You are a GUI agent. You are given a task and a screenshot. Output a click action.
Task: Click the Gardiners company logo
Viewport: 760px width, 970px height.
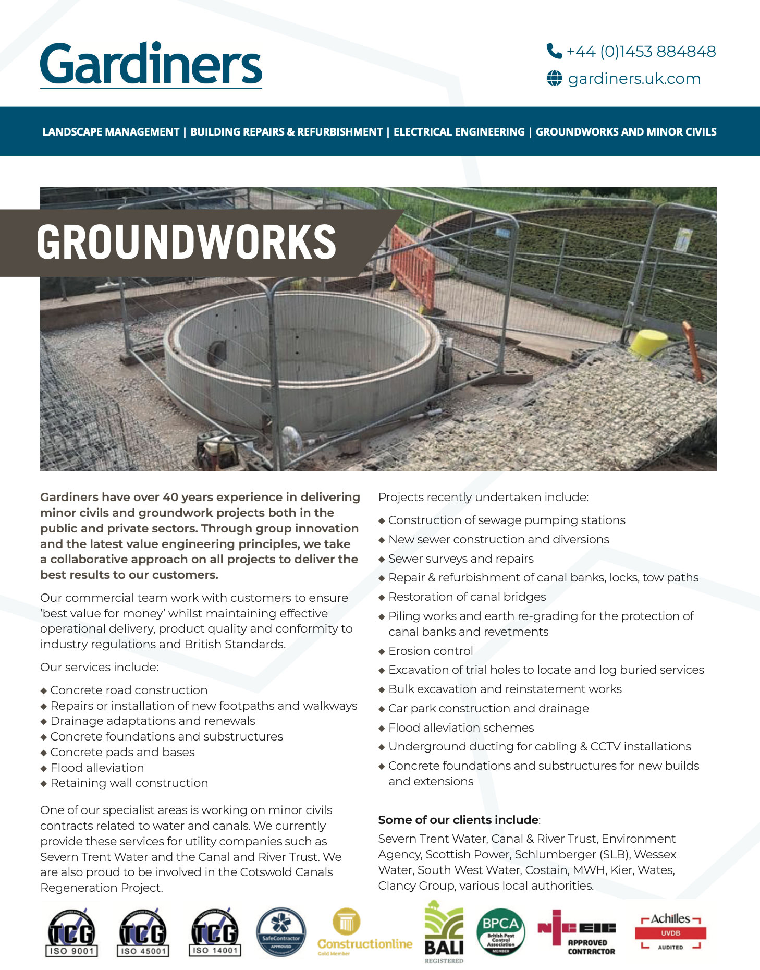[151, 65]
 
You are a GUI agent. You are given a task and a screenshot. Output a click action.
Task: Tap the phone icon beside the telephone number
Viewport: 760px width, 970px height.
[554, 51]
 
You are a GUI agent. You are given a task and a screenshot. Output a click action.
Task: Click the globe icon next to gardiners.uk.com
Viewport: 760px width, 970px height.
[554, 79]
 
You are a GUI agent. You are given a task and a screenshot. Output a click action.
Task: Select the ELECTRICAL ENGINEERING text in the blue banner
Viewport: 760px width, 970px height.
[459, 132]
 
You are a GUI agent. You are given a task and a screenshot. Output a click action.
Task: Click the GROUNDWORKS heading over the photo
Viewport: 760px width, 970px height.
[186, 242]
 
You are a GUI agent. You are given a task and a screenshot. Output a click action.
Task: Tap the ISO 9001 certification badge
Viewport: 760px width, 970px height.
[72, 933]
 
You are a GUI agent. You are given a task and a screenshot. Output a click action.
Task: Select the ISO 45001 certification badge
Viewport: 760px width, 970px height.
[143, 933]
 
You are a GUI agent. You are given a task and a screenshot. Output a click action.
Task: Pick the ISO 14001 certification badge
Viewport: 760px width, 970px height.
[215, 933]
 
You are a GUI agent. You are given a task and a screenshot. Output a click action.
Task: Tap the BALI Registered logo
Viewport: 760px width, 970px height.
[444, 932]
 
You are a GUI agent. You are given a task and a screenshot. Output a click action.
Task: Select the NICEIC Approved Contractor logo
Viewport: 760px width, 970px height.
[577, 933]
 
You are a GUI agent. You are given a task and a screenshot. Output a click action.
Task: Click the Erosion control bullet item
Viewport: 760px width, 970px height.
[431, 651]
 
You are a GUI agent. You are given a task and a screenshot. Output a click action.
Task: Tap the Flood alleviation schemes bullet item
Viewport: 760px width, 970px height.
[461, 727]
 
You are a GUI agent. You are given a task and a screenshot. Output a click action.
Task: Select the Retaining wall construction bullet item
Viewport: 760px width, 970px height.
[129, 783]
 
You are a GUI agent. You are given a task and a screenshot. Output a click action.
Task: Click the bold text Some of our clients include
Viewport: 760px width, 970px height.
[458, 820]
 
